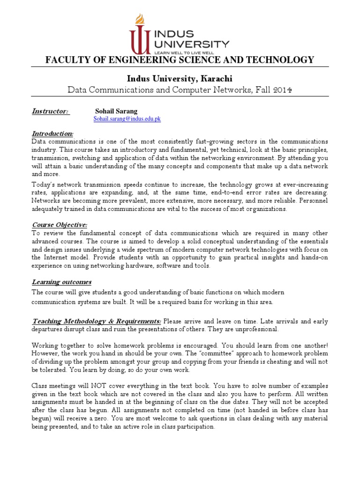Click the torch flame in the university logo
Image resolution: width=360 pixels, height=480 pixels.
(x=139, y=20)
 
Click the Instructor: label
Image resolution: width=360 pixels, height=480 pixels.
(x=50, y=112)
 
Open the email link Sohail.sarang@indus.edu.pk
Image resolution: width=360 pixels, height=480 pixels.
(x=127, y=119)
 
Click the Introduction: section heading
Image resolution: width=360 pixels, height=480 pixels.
(x=52, y=134)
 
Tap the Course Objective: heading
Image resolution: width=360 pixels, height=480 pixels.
(x=59, y=225)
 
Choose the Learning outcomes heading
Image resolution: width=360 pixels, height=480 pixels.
(x=61, y=282)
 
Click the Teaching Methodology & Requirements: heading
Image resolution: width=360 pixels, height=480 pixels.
(x=97, y=321)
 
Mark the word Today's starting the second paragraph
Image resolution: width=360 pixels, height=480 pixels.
(x=43, y=185)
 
